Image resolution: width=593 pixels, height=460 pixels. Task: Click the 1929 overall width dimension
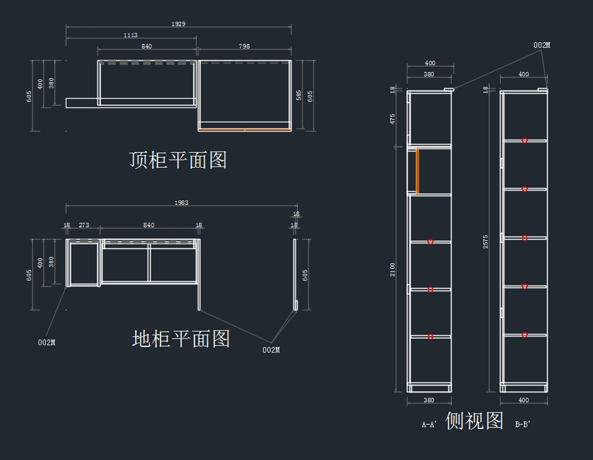[178, 24]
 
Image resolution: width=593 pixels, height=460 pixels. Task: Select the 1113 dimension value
[131, 35]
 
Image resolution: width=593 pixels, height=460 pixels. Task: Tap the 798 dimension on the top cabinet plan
[244, 46]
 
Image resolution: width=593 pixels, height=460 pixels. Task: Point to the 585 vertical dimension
[299, 95]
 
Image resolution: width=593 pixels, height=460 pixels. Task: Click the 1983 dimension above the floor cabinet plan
[181, 203]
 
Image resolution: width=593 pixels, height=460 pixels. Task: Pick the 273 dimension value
[84, 225]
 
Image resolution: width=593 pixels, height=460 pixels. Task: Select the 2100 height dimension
[393, 269]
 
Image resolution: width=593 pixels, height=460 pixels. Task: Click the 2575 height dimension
[486, 241]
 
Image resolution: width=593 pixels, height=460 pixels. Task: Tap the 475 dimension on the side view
[393, 119]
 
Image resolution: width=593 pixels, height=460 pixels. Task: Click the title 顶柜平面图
[178, 160]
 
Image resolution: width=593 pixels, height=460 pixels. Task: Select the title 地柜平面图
[181, 339]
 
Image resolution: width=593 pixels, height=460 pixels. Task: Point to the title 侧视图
[474, 421]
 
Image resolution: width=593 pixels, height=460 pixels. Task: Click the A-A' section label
[428, 424]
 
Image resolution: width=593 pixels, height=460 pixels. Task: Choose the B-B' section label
[522, 424]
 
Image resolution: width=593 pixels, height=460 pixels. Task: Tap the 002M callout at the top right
[542, 45]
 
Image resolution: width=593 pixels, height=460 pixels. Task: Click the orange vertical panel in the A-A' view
[418, 171]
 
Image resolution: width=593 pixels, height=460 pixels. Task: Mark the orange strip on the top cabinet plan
[244, 130]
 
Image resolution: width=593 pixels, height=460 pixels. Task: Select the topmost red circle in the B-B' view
[525, 141]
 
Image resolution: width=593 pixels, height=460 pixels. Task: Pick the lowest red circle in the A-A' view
[430, 337]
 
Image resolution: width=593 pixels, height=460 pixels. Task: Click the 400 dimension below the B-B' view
[524, 400]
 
